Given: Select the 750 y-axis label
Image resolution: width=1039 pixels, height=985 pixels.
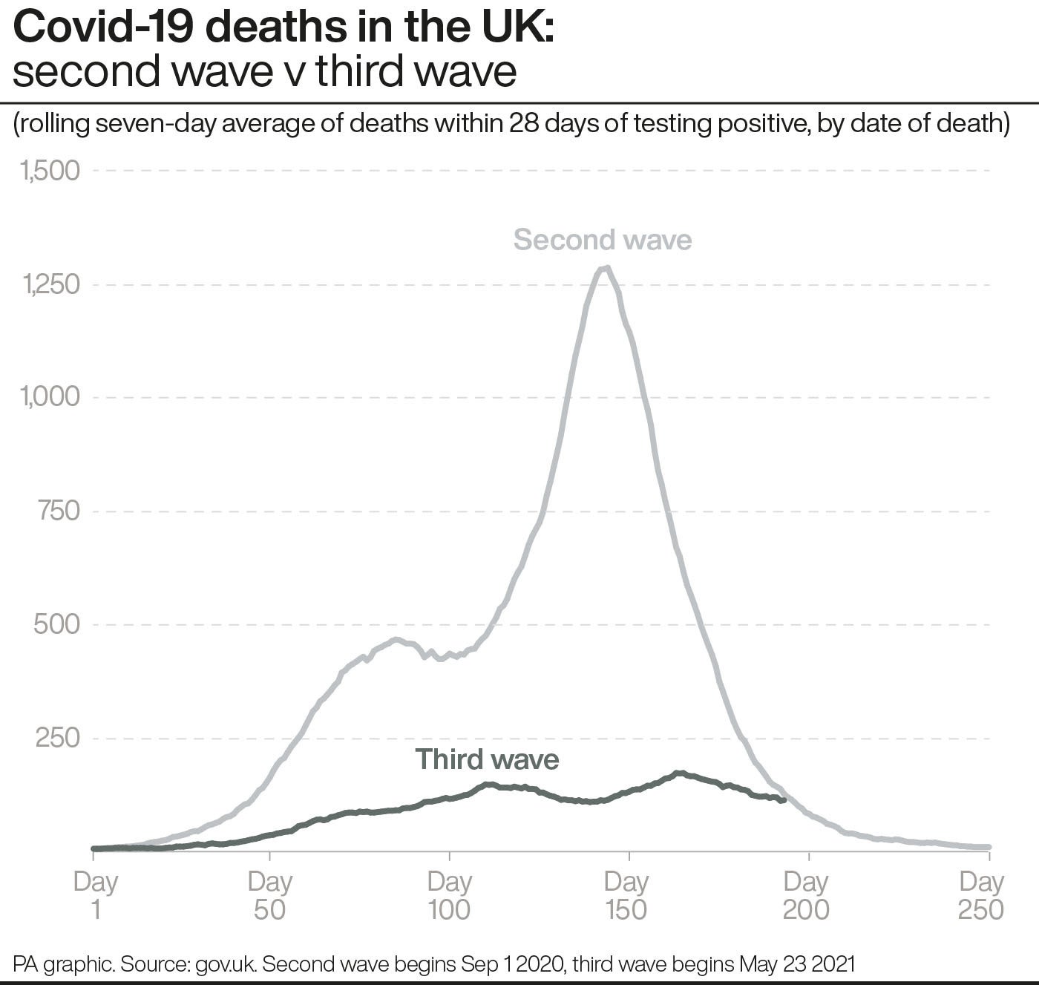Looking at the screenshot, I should click(x=59, y=511).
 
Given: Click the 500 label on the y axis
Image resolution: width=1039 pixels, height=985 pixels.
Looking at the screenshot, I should click(x=57, y=624).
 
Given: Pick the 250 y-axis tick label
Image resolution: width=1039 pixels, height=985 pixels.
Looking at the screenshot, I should click(x=58, y=738).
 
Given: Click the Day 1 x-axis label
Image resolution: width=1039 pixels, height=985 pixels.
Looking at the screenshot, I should click(x=96, y=895).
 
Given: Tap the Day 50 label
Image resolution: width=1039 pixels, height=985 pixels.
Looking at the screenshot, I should click(x=270, y=895).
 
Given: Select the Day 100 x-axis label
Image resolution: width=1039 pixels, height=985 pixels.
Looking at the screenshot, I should click(x=450, y=895).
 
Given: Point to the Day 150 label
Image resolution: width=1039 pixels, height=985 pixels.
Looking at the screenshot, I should click(x=627, y=895).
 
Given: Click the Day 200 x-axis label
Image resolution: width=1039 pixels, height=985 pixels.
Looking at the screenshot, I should click(x=807, y=895).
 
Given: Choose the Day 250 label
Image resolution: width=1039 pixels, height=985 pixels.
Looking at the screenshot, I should click(x=982, y=895).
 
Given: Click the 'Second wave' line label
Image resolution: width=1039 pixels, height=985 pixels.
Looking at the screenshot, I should click(x=602, y=240).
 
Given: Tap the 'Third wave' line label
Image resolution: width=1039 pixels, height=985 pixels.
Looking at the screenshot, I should click(x=487, y=759).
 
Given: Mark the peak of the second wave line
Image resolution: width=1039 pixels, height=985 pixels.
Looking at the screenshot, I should click(x=606, y=267).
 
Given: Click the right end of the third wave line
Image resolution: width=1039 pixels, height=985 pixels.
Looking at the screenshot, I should click(x=784, y=799).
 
